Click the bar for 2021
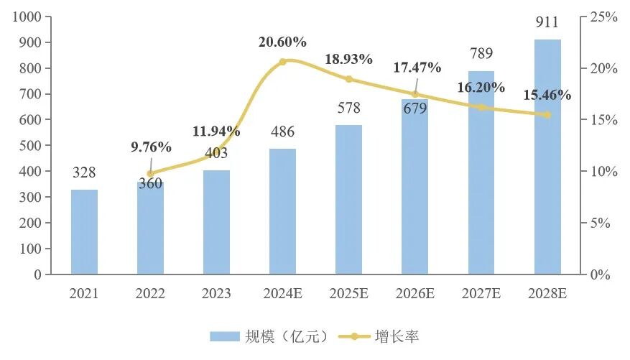84,231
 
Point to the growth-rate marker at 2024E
282,62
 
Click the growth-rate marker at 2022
150,173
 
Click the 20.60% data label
282,42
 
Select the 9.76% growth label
151,147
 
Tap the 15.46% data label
547,95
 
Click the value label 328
84,173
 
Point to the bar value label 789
481,55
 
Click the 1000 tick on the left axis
26,17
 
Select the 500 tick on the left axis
29,145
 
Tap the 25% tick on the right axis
604,17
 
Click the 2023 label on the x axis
216,294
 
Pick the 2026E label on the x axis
415,294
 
